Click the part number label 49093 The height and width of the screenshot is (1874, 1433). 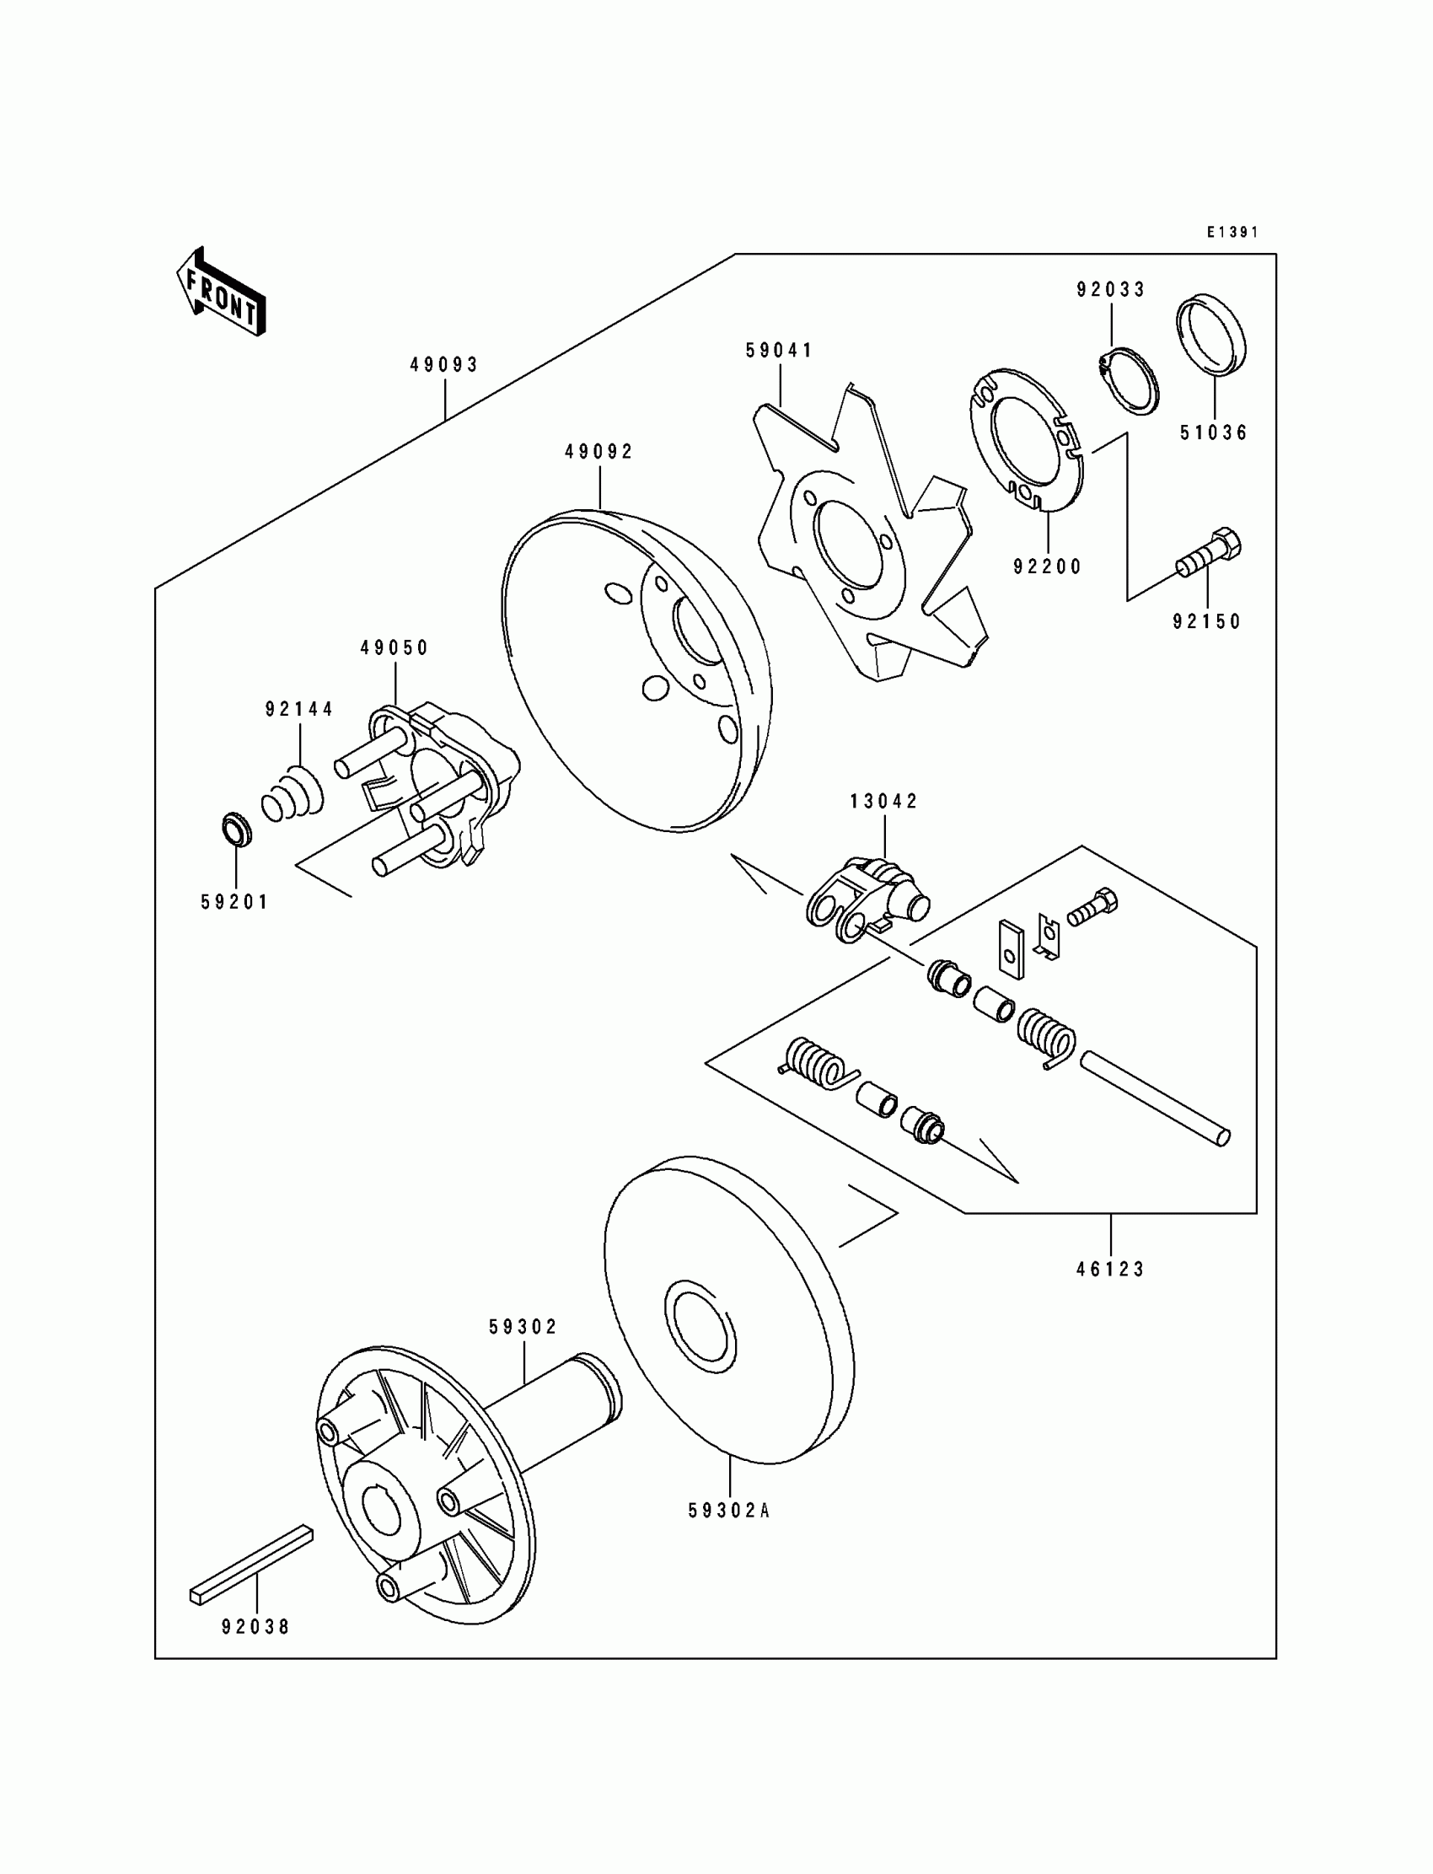(x=444, y=365)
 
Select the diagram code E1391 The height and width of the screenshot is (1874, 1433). (x=1232, y=232)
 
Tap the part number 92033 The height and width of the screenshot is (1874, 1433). (x=1111, y=290)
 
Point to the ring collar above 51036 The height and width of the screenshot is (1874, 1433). (x=1211, y=336)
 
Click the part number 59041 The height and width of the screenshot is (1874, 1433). (x=780, y=351)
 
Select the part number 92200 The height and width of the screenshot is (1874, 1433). (x=1048, y=566)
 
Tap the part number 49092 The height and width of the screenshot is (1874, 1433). (x=599, y=452)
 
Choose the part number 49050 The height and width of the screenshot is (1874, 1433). (x=395, y=648)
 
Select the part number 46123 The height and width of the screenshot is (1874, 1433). (x=1111, y=1270)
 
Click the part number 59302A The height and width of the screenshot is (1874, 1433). (x=729, y=1512)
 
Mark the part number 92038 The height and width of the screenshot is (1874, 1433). (x=256, y=1628)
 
